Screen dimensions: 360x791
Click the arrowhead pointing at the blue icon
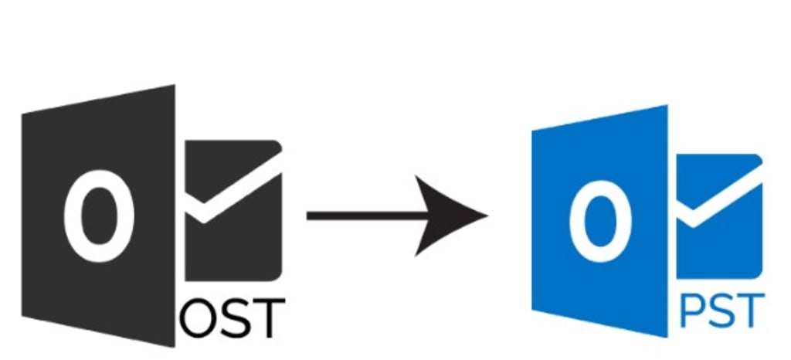(x=452, y=215)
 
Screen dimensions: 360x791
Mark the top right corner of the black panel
(x=174, y=86)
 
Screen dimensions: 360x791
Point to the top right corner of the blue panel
(x=667, y=106)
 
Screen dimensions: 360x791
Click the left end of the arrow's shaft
(x=309, y=216)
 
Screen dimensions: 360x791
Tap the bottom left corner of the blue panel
(x=534, y=311)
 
